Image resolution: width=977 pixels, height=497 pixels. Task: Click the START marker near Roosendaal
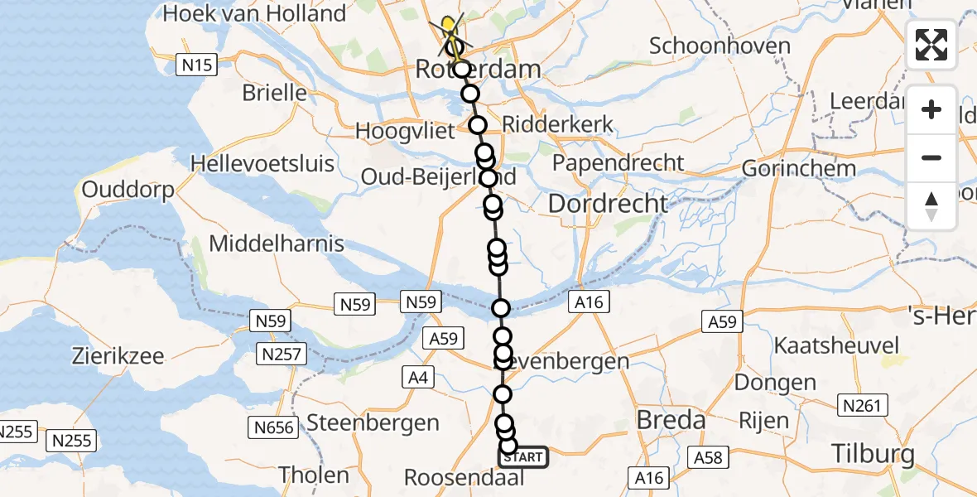[x=523, y=457]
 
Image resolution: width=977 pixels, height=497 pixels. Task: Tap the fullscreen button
[x=931, y=45]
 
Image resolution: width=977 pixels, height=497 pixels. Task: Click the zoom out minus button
[x=931, y=157]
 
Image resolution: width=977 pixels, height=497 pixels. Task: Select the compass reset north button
[x=931, y=206]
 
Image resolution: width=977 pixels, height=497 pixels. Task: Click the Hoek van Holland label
[x=255, y=14]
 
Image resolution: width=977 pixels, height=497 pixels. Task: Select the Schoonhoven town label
[x=720, y=46]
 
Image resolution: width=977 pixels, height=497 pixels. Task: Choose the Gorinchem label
[x=799, y=168]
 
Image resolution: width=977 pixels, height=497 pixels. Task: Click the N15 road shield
[x=197, y=64]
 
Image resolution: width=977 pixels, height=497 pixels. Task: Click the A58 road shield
[x=709, y=458]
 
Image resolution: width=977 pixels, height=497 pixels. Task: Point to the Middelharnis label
[x=277, y=244]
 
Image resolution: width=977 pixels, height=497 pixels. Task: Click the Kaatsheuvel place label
[x=836, y=345]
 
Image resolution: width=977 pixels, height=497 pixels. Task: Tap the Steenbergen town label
[x=373, y=422]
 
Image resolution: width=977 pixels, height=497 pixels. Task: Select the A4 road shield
[x=416, y=377]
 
